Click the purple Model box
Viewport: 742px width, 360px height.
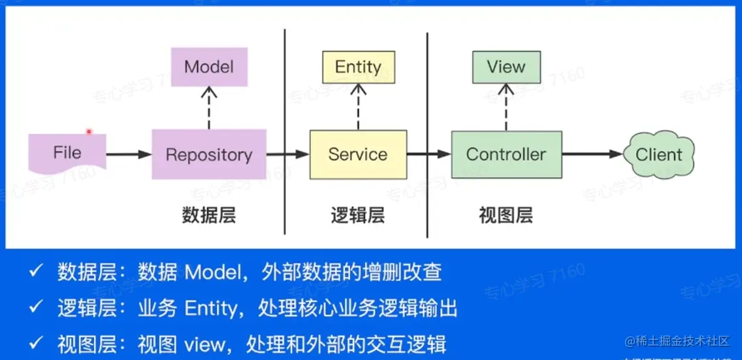point(209,67)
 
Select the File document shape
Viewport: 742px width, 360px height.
point(67,154)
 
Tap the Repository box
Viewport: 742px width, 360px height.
point(209,155)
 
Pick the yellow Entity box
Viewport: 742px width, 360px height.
point(358,67)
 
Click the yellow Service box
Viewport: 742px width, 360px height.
point(358,155)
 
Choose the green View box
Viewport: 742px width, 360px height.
point(506,67)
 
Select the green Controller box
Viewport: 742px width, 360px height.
point(506,155)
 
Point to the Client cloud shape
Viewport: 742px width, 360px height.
point(658,155)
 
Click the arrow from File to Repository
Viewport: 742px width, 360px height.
point(129,155)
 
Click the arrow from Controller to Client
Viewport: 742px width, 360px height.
point(592,155)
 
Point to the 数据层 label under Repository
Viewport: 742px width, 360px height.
point(209,216)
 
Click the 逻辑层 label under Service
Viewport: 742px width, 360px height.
point(357,216)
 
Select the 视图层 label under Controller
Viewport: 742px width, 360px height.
point(506,216)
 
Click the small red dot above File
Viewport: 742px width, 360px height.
point(89,132)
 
